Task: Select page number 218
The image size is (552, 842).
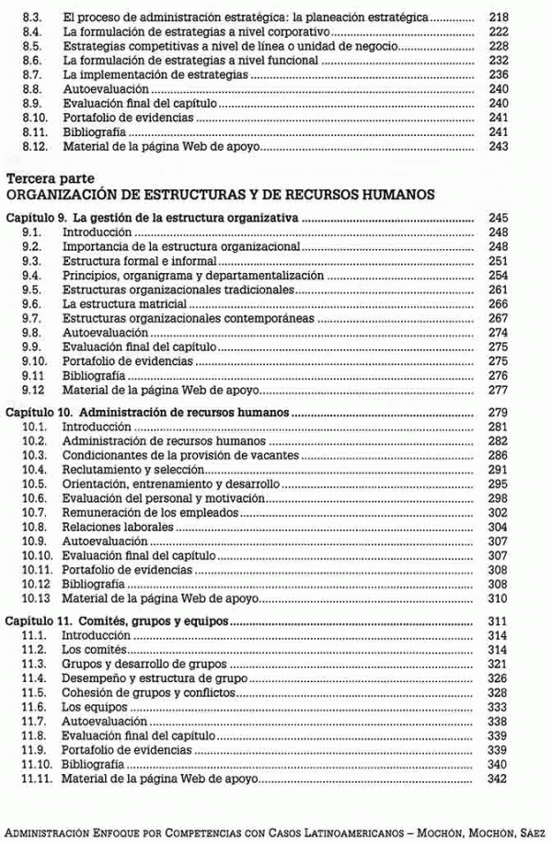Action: point(499,17)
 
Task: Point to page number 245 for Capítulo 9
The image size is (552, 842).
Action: point(499,219)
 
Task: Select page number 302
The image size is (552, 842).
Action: point(499,512)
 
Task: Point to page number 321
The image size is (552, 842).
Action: point(499,664)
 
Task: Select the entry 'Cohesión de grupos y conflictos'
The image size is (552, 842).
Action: point(148,692)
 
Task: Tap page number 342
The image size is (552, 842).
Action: point(499,778)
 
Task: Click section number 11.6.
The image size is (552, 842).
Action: point(34,707)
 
